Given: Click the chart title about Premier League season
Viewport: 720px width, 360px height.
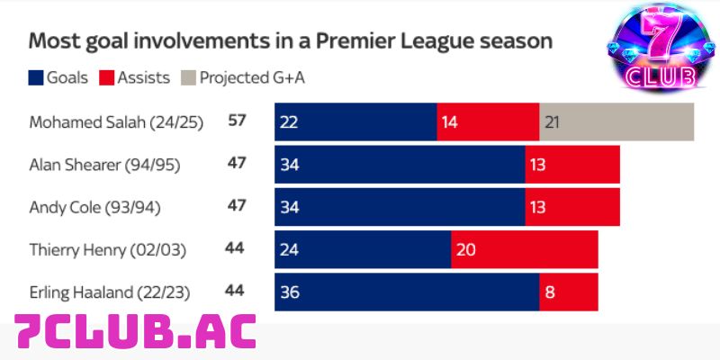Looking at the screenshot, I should (291, 41).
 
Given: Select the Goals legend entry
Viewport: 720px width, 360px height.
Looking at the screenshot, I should (58, 77).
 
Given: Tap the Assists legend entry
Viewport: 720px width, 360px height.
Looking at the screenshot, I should (133, 77).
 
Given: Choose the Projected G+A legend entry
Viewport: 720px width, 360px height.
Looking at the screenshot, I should (244, 77).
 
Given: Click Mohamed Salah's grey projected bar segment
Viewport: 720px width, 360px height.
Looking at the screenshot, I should (616, 121).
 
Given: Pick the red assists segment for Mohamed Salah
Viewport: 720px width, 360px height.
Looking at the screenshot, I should (488, 121).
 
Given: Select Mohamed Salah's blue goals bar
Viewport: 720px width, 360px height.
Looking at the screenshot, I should (355, 121).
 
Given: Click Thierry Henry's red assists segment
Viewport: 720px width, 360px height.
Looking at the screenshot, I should (524, 249).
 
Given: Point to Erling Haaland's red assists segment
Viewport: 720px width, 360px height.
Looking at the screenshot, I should (569, 292).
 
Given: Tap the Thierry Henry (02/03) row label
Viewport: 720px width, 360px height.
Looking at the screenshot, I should (107, 249).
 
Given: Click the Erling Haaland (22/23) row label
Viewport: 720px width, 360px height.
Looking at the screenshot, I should (112, 292).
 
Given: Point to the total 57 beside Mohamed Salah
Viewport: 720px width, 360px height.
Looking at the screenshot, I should (238, 121).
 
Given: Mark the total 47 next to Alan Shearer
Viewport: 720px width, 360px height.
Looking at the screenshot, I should (238, 164).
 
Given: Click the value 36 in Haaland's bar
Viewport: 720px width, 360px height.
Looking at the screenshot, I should (291, 292).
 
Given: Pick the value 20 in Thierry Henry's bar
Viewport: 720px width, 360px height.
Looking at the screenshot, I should (466, 249).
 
